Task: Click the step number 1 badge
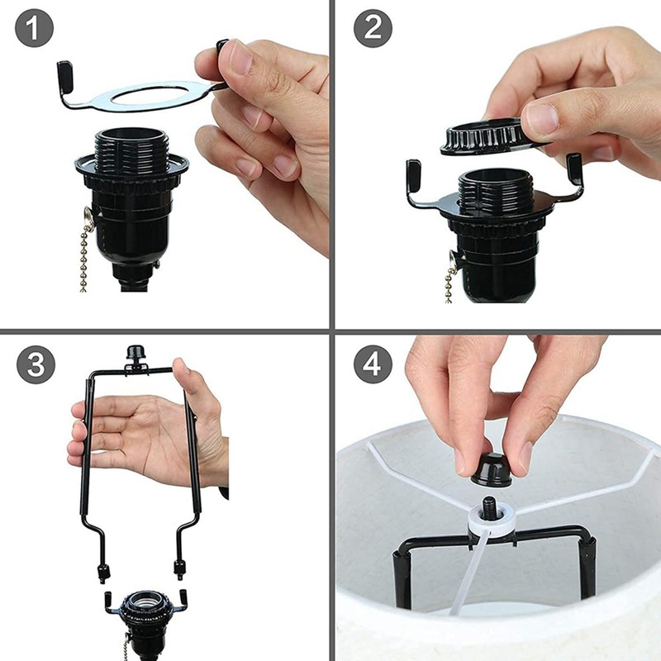(x=35, y=31)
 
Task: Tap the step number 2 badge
(x=373, y=31)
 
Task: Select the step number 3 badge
(x=35, y=364)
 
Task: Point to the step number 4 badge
(x=373, y=364)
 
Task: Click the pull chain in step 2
(x=449, y=281)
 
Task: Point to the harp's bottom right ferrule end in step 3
(x=178, y=568)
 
